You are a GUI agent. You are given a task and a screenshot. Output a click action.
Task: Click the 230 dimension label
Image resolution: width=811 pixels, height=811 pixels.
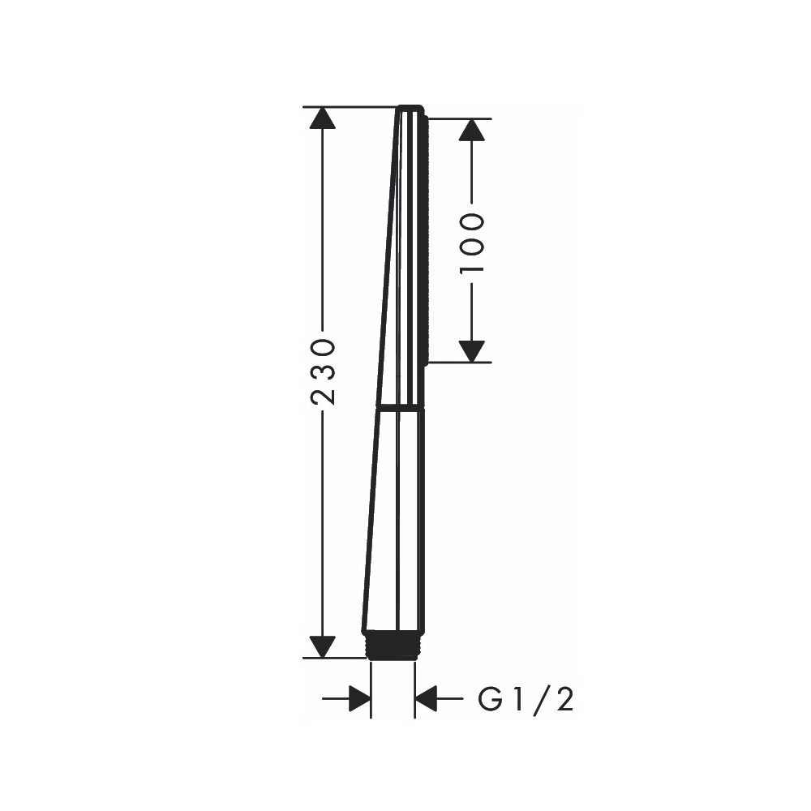(x=323, y=371)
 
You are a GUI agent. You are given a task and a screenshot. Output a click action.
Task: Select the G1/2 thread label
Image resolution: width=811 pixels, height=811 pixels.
(x=526, y=700)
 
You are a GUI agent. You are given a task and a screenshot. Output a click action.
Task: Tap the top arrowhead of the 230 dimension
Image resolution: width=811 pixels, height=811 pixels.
(x=322, y=118)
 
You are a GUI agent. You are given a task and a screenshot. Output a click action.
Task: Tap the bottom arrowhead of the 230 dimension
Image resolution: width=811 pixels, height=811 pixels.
(x=322, y=647)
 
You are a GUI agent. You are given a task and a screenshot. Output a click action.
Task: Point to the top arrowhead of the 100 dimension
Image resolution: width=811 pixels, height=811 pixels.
(x=472, y=130)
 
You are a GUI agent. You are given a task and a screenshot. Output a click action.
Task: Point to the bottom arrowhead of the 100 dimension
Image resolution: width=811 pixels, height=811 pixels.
(x=472, y=352)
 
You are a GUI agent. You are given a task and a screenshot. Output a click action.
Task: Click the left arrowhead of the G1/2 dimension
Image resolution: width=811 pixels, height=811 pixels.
(x=360, y=699)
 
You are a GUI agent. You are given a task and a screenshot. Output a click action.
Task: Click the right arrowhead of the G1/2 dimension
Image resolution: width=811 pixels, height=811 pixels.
(x=427, y=699)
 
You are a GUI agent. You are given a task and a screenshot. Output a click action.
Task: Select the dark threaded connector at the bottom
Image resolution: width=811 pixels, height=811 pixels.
(x=393, y=645)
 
